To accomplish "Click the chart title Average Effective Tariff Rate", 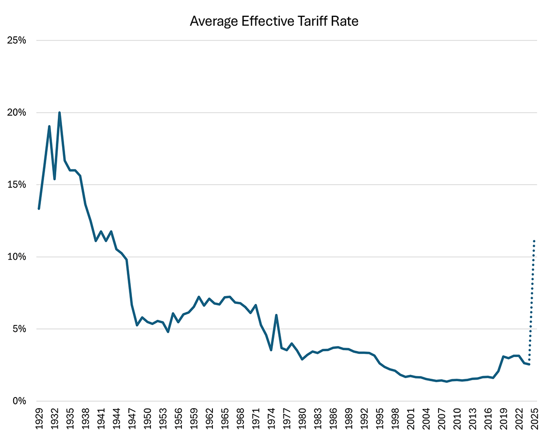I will pyautogui.click(x=274, y=22).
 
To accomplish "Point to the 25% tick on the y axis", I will pyautogui.click(x=16, y=40).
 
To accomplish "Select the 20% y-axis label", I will pyautogui.click(x=16, y=113).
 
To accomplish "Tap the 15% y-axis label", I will pyautogui.click(x=16, y=185).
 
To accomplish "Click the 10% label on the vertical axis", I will pyautogui.click(x=16, y=257).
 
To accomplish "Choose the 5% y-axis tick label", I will pyautogui.click(x=19, y=329).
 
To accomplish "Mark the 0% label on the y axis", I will pyautogui.click(x=19, y=401).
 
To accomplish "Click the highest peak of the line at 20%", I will pyautogui.click(x=59, y=113).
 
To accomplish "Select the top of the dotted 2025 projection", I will pyautogui.click(x=534, y=241).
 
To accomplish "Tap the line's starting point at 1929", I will pyautogui.click(x=39, y=209).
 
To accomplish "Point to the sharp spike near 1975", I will pyautogui.click(x=276, y=315).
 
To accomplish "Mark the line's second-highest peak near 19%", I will pyautogui.click(x=49, y=126).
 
